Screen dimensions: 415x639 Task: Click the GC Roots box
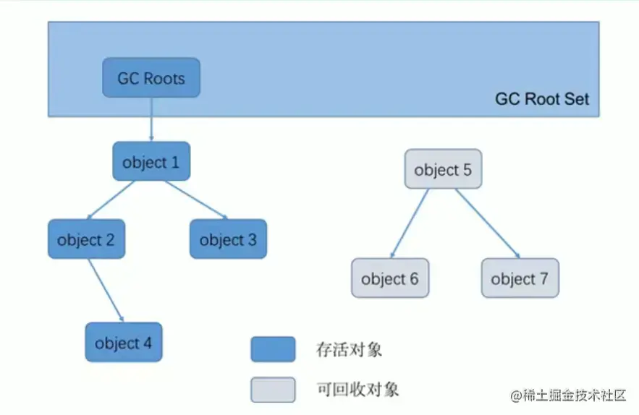[151, 78]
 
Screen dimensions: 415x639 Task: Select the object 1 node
[151, 162]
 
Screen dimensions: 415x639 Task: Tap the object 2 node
[86, 239]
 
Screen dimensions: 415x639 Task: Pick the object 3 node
[228, 239]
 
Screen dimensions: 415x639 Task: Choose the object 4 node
[123, 343]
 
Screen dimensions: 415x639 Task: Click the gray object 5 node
[443, 170]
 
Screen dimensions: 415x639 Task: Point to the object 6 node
[390, 278]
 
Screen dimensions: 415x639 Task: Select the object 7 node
[520, 278]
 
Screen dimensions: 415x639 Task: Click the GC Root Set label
[542, 99]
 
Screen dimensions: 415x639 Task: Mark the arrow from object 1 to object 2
[111, 200]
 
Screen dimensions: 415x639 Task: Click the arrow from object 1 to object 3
[195, 199]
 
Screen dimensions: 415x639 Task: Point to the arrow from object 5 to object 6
[409, 223]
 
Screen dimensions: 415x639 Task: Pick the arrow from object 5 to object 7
[487, 223]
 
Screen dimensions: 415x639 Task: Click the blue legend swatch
[273, 349]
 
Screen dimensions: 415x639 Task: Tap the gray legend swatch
[273, 389]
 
